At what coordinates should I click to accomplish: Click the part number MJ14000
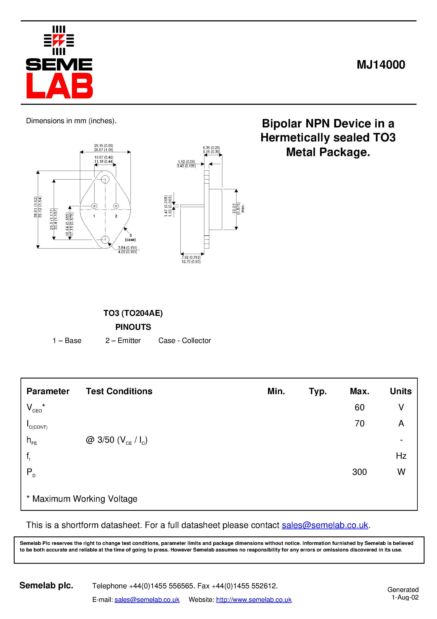click(381, 65)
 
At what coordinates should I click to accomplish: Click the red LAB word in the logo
click(59, 86)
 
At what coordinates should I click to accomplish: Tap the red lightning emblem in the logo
click(59, 40)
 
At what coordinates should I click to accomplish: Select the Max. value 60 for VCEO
click(359, 407)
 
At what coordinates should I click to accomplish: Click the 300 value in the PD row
click(359, 472)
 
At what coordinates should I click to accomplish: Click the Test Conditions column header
click(119, 391)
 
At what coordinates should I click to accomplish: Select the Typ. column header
click(318, 391)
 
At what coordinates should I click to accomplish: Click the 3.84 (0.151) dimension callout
click(127, 248)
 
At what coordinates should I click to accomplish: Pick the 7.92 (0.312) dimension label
click(191, 257)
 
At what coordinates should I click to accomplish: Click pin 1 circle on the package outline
click(94, 206)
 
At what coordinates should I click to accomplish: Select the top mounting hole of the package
click(105, 179)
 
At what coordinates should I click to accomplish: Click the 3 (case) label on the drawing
click(130, 238)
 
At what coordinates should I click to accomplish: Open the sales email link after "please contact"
click(325, 525)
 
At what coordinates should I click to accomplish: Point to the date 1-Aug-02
click(405, 597)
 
